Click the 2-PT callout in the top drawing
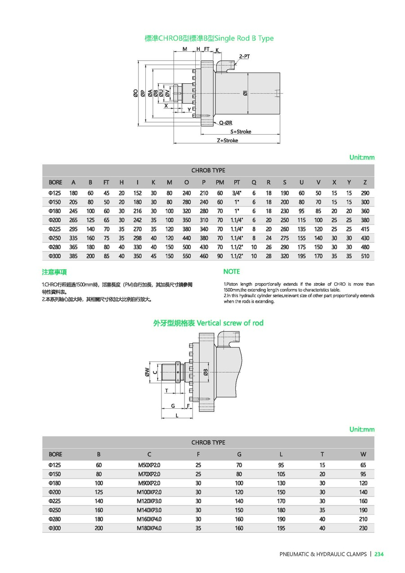click(245, 56)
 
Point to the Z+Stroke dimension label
click(227, 140)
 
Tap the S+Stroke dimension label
click(241, 131)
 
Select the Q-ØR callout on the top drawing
click(225, 122)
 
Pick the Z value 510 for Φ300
click(365, 256)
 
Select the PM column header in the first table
click(220, 182)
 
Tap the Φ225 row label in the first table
click(55, 229)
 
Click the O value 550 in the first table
click(187, 256)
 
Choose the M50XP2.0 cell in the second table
click(149, 465)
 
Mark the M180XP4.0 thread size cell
click(149, 528)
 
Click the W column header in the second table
click(363, 454)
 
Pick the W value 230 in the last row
click(363, 528)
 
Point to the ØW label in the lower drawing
click(147, 372)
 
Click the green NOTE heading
click(232, 271)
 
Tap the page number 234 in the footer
click(379, 554)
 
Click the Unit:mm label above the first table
click(362, 158)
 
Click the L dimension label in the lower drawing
click(177, 415)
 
